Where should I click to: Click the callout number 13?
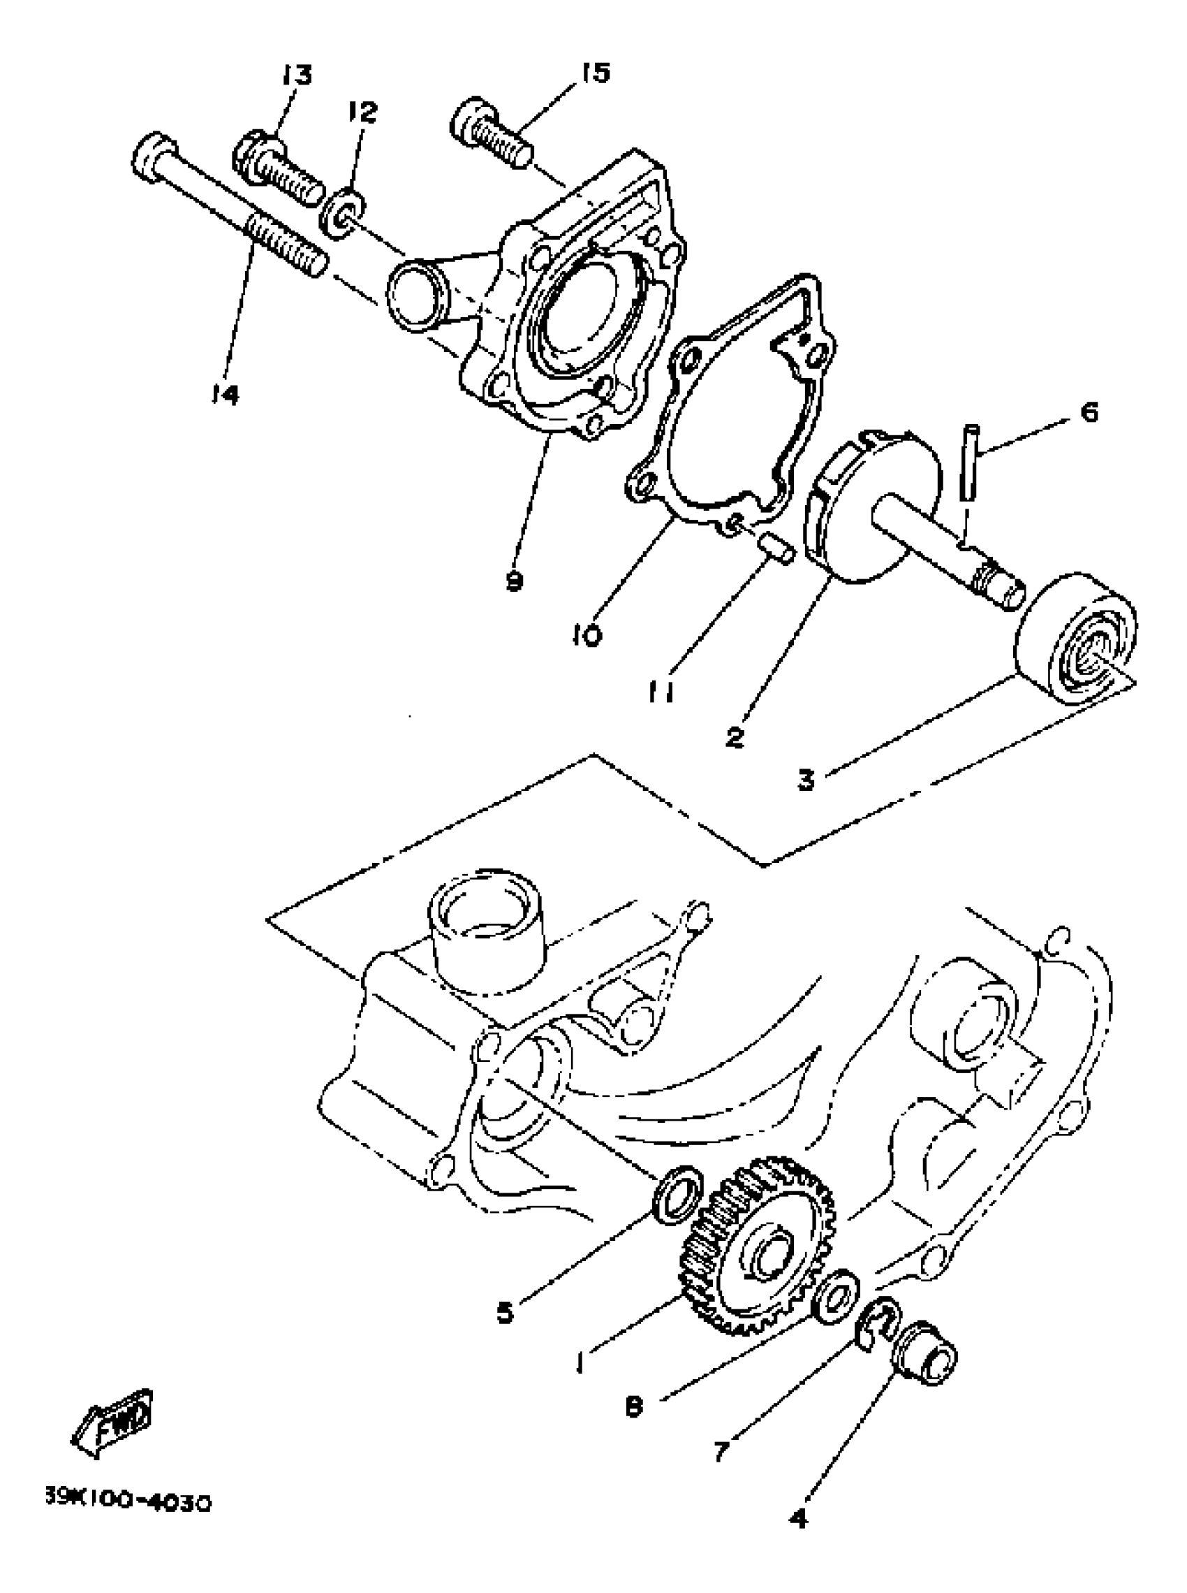pyautogui.click(x=297, y=75)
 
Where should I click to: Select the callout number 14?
pyautogui.click(x=225, y=393)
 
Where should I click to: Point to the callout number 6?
pyautogui.click(x=1089, y=413)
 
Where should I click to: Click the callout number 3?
pyautogui.click(x=806, y=779)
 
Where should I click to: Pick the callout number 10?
pyautogui.click(x=587, y=635)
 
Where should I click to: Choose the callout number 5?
pyautogui.click(x=505, y=1313)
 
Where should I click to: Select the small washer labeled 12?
pyautogui.click(x=346, y=214)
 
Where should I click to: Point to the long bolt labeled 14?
pyautogui.click(x=230, y=208)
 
